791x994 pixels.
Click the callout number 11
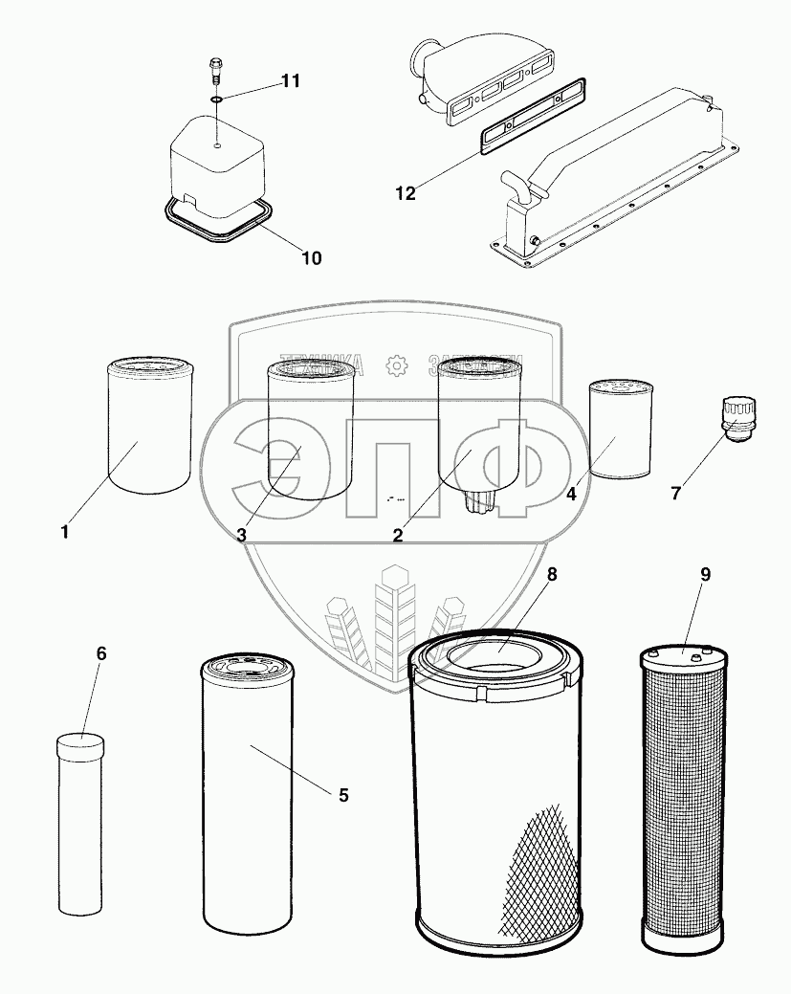(290, 81)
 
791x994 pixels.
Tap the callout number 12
(406, 193)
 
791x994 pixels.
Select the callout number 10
(312, 257)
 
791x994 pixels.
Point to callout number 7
(675, 494)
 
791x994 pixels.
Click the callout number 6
(101, 653)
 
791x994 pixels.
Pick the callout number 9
(705, 575)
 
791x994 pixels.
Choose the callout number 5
(343, 795)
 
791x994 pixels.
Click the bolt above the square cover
(216, 70)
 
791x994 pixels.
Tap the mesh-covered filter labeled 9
(688, 799)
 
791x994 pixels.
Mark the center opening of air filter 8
(495, 658)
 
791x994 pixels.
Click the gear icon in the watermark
(395, 365)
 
